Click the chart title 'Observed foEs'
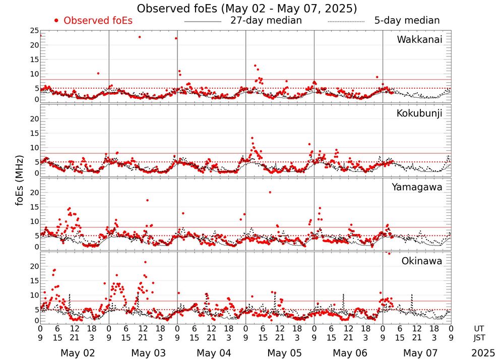click(246, 9)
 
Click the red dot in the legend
click(56, 21)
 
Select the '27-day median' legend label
click(266, 21)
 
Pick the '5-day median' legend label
click(407, 21)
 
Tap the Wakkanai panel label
click(419, 40)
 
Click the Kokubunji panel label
click(418, 113)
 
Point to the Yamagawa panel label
click(417, 187)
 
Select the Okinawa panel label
click(422, 261)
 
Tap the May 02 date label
click(75, 352)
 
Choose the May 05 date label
click(280, 352)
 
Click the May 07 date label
click(417, 352)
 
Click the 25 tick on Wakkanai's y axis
click(34, 31)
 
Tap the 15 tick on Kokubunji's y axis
click(34, 133)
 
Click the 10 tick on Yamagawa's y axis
click(34, 221)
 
